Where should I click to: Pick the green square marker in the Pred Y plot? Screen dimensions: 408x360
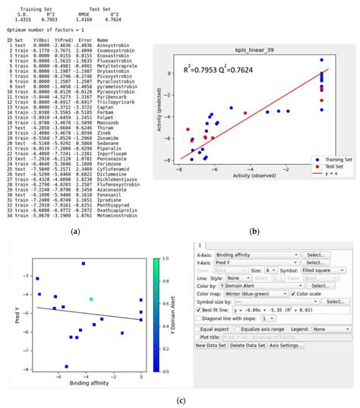coord(91,299)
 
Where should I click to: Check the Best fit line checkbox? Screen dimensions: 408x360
coord(198,311)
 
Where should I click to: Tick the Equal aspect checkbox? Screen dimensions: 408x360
coord(198,329)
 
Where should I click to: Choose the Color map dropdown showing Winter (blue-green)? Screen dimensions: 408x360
coord(256,293)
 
